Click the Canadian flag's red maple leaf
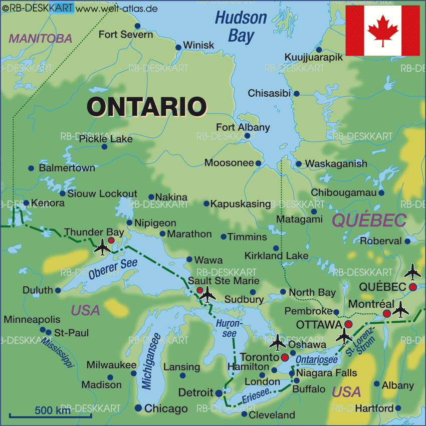[x=383, y=31]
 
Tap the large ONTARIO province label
[x=147, y=107]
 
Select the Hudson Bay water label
[x=241, y=27]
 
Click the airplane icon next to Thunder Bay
[x=103, y=247]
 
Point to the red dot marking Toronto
[x=285, y=357]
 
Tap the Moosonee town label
[x=229, y=163]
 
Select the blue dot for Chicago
[x=138, y=408]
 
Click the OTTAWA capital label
[x=319, y=325]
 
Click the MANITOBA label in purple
[x=41, y=39]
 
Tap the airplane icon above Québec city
[x=413, y=272]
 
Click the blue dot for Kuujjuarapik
[x=319, y=50]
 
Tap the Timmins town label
[x=247, y=237]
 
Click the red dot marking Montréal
[x=386, y=314]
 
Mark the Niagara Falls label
[x=326, y=373]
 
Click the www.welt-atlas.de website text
[x=117, y=9]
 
